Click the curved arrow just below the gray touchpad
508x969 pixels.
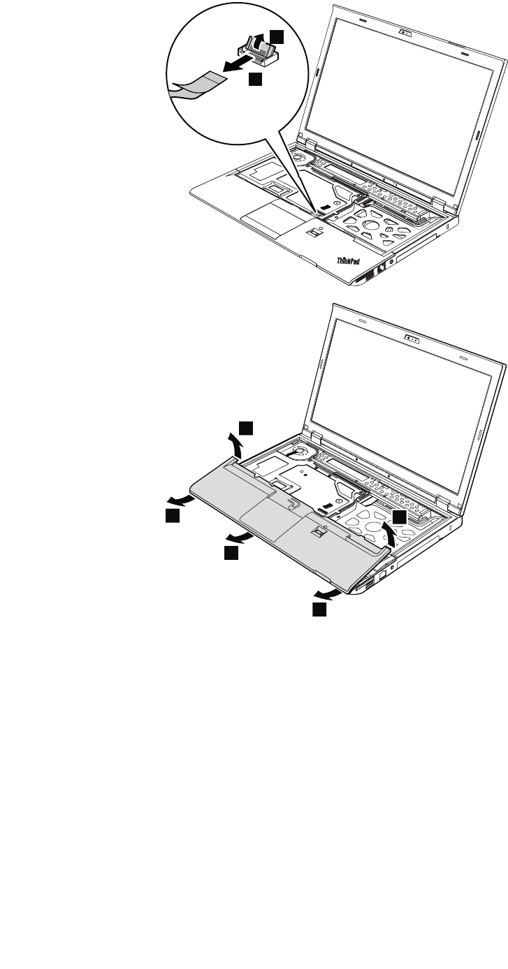[x=240, y=538]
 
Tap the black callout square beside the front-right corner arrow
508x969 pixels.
[x=319, y=610]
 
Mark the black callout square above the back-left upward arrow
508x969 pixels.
[x=246, y=427]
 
